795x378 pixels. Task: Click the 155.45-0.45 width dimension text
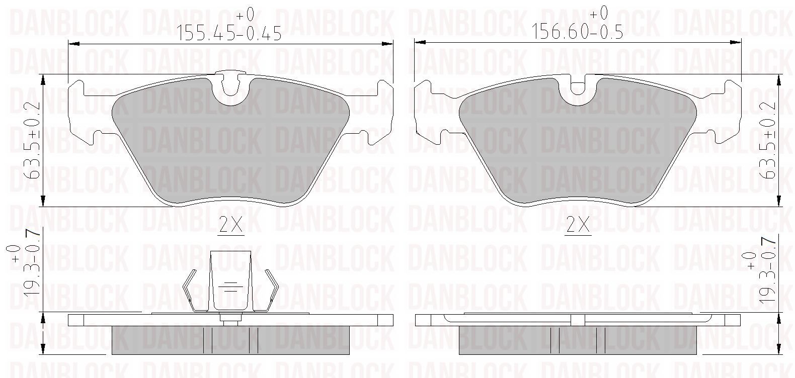coord(229,33)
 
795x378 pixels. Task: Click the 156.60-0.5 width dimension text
coord(577,32)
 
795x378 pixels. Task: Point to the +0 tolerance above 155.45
coord(246,15)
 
